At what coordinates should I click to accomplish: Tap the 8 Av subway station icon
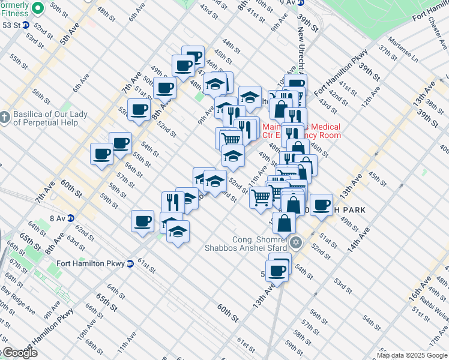pos(71,218)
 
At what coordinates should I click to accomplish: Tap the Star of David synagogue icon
pos(295,243)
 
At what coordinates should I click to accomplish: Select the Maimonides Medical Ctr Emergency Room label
pos(301,131)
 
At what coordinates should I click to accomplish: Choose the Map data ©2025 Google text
pos(411,355)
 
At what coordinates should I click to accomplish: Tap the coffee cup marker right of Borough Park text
pos(321,204)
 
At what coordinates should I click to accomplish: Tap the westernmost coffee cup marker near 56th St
pos(101,154)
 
